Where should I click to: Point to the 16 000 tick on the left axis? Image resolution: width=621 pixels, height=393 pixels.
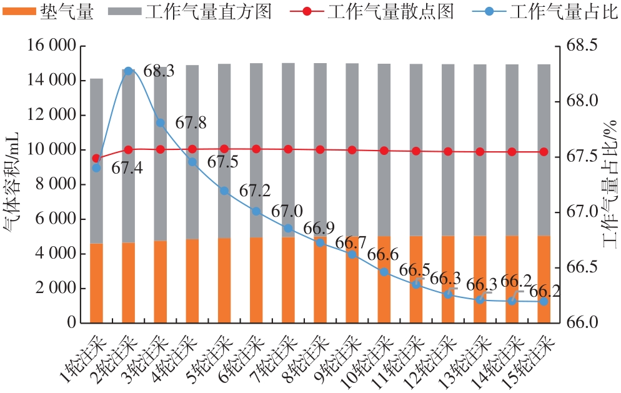click(x=51, y=46)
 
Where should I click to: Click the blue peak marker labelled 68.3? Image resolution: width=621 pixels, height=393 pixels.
click(x=128, y=71)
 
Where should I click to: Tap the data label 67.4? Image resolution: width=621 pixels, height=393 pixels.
click(x=126, y=167)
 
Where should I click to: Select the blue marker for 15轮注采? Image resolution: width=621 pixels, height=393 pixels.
click(x=544, y=301)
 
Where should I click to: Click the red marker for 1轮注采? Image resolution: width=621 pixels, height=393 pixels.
click(x=96, y=159)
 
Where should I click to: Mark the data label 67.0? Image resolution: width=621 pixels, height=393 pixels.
click(x=287, y=211)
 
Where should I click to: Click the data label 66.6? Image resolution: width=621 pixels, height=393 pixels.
click(x=383, y=255)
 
